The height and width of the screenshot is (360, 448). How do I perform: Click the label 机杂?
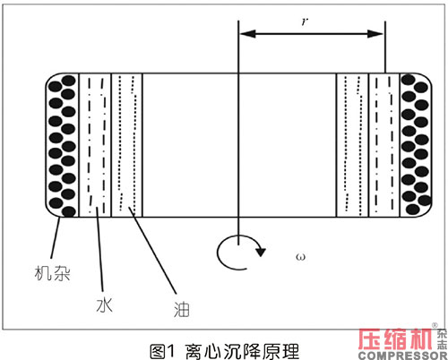[52, 273]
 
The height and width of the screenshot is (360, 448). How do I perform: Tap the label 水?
[105, 304]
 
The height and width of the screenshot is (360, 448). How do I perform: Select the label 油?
[182, 309]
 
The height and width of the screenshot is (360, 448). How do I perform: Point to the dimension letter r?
[305, 21]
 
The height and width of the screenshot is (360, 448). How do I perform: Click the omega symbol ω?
[300, 256]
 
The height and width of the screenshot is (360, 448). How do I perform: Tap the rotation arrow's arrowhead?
[261, 252]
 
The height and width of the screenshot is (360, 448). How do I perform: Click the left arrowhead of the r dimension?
[247, 34]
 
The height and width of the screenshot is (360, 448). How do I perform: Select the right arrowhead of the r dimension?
[375, 34]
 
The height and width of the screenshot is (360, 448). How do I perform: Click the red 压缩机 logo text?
[395, 339]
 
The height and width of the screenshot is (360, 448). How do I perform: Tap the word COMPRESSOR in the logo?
[402, 356]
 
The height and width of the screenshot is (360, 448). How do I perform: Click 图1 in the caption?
[162, 351]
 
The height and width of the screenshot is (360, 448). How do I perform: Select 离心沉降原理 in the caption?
[242, 351]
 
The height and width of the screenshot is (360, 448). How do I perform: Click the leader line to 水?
[99, 249]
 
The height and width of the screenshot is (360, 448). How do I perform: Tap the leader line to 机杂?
[56, 238]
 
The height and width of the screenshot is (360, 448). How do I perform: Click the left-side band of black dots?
[62, 145]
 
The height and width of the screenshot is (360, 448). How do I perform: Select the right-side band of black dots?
[416, 144]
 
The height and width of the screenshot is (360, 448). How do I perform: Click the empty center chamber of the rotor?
[239, 145]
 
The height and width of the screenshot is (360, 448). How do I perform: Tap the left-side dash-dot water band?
[95, 145]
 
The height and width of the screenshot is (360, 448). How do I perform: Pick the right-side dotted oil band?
[352, 145]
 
